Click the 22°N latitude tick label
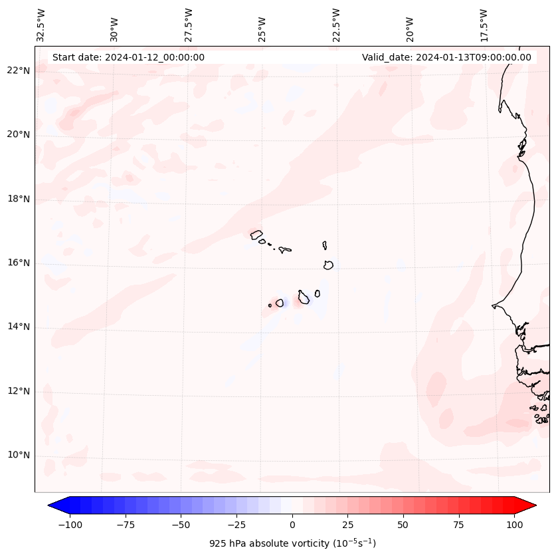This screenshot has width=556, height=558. [19, 71]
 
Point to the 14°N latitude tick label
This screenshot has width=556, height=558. [19, 327]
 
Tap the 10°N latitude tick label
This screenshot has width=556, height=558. [19, 455]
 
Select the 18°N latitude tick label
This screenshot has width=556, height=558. [19, 199]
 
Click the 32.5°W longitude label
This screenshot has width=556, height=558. [41, 25]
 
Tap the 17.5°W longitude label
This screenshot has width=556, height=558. [484, 25]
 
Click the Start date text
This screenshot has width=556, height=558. [128, 57]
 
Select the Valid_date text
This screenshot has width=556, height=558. [446, 57]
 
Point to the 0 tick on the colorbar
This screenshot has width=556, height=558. [292, 525]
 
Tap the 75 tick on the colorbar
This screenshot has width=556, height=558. [458, 525]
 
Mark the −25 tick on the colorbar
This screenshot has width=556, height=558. [236, 525]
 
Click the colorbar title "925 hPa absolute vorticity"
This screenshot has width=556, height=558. [292, 543]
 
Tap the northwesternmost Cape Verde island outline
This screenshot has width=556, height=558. [256, 233]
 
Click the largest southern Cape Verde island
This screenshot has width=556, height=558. [304, 297]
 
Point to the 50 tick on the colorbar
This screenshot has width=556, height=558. [403, 525]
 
